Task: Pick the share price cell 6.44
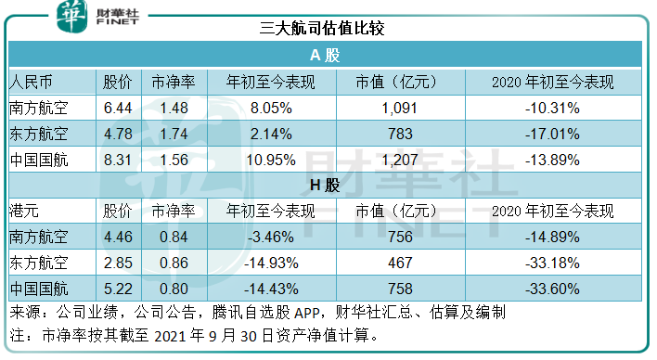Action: tap(120, 108)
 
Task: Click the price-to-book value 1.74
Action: tap(174, 134)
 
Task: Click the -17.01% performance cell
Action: tap(553, 134)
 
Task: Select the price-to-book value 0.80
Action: tap(174, 290)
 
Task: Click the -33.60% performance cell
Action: tap(553, 290)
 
